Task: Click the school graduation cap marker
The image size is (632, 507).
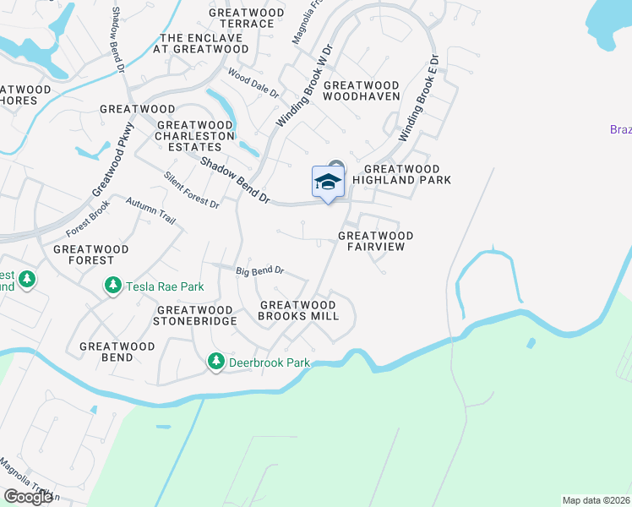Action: coord(328,182)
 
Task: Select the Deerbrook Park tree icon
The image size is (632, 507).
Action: coord(215,362)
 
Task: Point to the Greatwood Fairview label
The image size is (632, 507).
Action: coord(376,241)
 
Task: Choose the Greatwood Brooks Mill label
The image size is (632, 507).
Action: coord(299,310)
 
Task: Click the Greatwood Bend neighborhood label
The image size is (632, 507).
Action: coord(117,352)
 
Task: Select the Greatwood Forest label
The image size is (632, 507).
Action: coord(91,255)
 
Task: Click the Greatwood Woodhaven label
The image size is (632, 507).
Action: coord(362,91)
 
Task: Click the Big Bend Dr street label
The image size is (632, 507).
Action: coord(259,271)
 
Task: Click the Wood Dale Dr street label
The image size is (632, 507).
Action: coord(252,83)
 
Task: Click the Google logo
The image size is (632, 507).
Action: coord(28,497)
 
